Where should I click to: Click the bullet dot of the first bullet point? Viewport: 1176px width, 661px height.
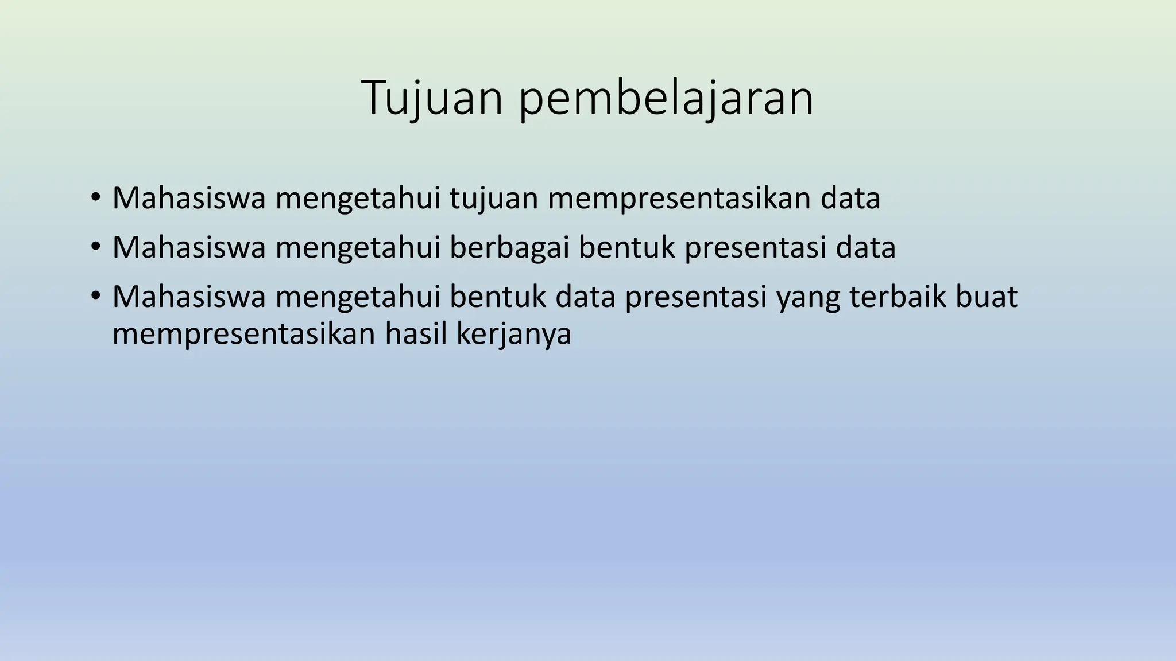click(95, 198)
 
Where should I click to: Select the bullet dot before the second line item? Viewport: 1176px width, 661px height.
click(95, 248)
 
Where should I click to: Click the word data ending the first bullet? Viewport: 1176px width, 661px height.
click(850, 199)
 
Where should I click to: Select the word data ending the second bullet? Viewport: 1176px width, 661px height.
click(865, 248)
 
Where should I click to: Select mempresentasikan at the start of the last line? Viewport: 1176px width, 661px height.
click(243, 335)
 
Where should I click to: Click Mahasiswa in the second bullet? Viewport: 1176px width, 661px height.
click(189, 248)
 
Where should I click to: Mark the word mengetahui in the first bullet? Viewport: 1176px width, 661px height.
click(357, 199)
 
